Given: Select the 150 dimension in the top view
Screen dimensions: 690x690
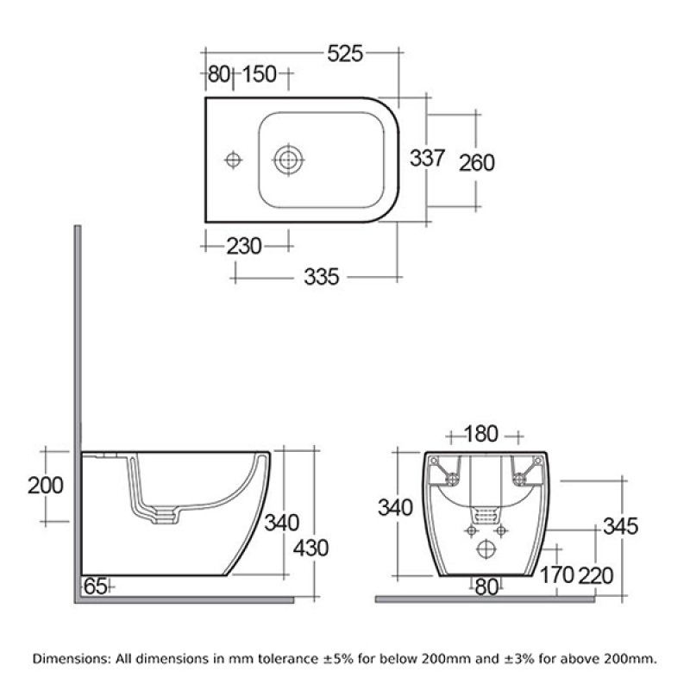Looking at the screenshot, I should [x=259, y=75].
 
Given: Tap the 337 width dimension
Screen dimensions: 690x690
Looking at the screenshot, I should [x=427, y=159].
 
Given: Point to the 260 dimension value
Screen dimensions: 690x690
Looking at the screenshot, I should [x=477, y=161].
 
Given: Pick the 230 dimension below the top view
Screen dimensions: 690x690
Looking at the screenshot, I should [x=244, y=247].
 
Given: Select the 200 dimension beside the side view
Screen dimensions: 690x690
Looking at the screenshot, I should [x=45, y=486].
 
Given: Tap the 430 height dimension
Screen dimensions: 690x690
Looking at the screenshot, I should [x=310, y=549].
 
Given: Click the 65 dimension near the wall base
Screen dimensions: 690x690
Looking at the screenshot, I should [x=94, y=586].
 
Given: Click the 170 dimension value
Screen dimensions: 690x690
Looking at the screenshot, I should [x=556, y=574].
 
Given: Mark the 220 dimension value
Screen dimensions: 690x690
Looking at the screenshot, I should [x=598, y=574].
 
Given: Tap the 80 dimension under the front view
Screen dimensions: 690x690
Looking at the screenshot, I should [x=486, y=587].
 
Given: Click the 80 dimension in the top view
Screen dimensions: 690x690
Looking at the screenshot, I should [x=218, y=75].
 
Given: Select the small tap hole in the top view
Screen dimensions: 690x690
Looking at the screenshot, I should [x=231, y=160].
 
